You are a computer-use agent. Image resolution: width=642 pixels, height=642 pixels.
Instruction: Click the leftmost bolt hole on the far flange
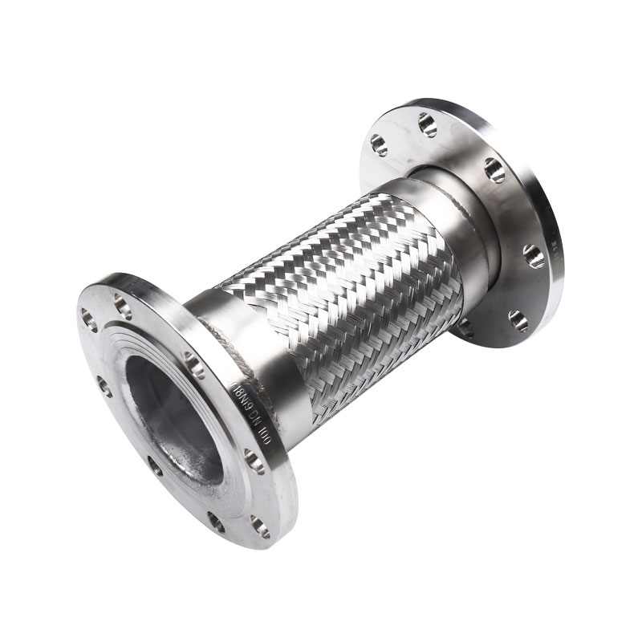click(377, 145)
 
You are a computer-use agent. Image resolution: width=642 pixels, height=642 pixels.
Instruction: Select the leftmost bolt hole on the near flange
click(104, 386)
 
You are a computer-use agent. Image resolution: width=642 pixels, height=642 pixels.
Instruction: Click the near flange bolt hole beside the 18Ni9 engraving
click(196, 364)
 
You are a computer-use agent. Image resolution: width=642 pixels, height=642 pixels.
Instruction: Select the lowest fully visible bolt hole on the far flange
click(516, 319)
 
